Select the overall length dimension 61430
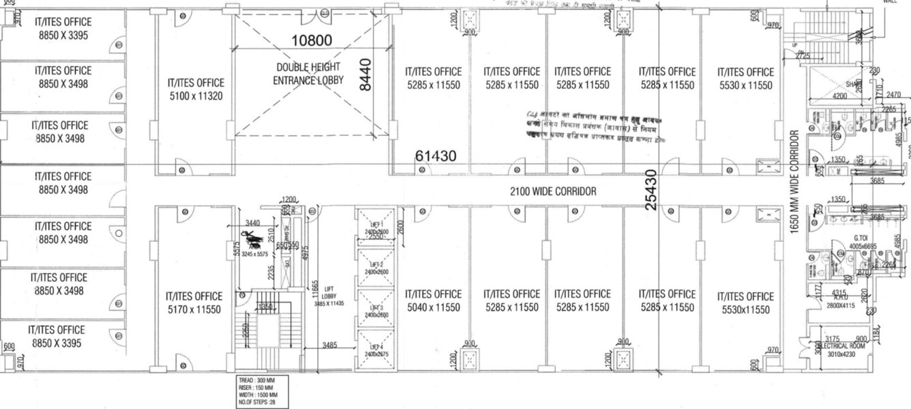pos(435,157)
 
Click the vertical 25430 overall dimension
pos(651,190)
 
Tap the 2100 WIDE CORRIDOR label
pos(553,192)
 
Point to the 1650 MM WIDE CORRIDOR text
pos(794,182)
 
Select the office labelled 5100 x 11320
pos(196,89)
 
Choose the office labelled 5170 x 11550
pos(194,302)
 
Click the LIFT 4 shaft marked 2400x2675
pos(376,351)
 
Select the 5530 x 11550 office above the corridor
pos(745,79)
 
